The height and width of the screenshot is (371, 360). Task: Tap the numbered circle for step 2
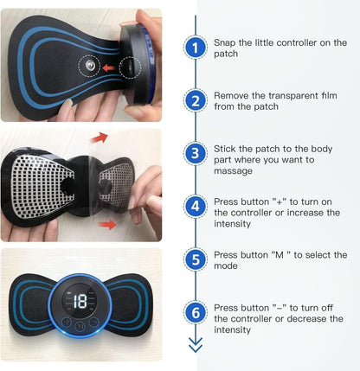[197, 101]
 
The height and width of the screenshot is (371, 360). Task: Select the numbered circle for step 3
[197, 154]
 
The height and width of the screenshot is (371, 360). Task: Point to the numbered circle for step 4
[197, 207]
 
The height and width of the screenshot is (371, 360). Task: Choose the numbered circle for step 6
[197, 313]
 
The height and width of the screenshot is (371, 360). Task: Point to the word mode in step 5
[228, 266]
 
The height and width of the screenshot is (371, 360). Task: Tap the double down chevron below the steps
[197, 346]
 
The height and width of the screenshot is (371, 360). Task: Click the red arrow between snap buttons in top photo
[109, 66]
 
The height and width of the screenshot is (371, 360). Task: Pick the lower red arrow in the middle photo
[106, 225]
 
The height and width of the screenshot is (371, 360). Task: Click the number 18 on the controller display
[80, 302]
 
